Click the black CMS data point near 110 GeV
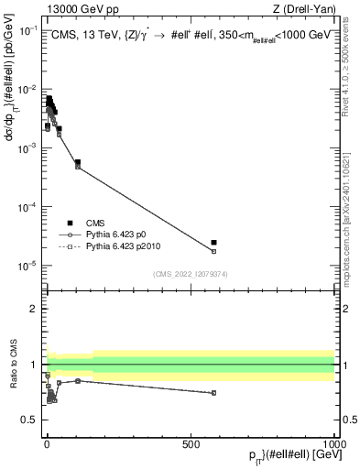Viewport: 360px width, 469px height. (x=78, y=162)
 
